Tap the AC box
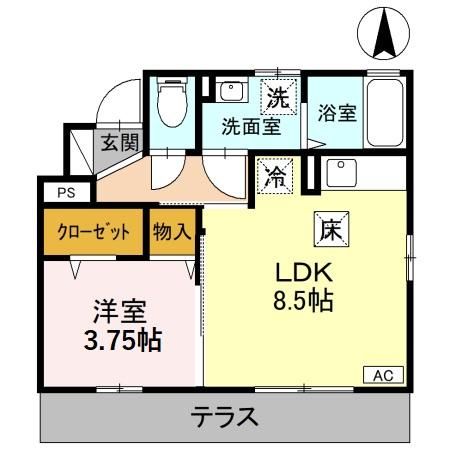382,375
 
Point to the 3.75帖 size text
119,341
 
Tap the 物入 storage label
172,232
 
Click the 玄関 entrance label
119,142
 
